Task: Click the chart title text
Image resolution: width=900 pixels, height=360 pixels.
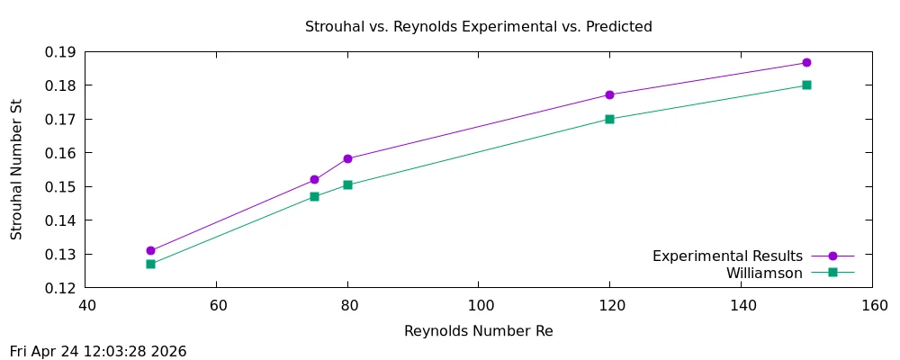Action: point(479,27)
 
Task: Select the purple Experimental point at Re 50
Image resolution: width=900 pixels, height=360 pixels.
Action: point(150,251)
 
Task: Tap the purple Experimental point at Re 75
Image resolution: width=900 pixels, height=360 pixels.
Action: point(314,180)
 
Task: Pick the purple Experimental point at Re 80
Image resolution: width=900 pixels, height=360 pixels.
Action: point(347,159)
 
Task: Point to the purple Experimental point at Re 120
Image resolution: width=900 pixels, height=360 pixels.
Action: point(609,94)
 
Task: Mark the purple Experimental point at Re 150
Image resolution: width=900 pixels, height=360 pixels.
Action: point(806,63)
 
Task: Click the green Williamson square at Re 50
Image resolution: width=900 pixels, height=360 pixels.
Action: point(150,264)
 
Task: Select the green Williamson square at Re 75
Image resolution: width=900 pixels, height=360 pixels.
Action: point(314,196)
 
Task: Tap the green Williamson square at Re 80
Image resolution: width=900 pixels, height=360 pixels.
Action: point(347,184)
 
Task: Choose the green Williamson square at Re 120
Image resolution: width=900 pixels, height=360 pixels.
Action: point(609,119)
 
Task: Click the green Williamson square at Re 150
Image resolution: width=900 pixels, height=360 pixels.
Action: point(806,85)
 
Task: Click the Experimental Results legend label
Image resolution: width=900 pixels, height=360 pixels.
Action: point(727,256)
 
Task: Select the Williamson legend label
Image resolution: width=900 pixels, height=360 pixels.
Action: point(764,273)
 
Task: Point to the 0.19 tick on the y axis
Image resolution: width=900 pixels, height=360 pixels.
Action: point(59,52)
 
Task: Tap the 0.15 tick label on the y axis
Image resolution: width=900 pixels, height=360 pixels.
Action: point(59,187)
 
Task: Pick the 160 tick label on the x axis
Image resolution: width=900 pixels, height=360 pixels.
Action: point(872,305)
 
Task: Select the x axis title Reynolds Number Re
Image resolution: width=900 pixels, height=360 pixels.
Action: point(479,331)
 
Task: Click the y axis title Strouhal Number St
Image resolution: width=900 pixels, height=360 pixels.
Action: point(16,170)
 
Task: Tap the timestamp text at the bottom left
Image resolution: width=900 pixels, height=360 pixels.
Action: point(98,351)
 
